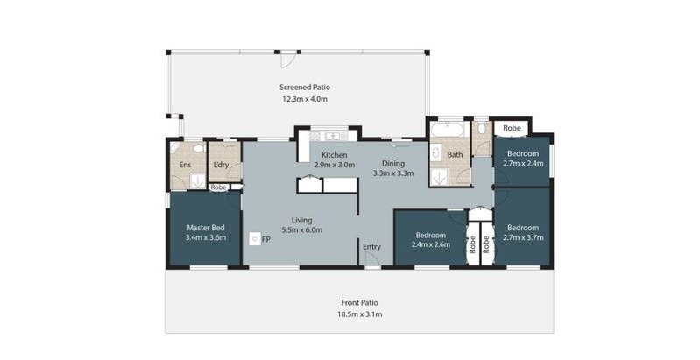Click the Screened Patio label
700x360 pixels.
pos(305,88)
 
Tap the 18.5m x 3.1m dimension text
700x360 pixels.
pos(360,314)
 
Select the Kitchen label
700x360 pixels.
pos(335,155)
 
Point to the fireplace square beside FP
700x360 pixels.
pos(254,238)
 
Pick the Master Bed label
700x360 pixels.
pos(206,228)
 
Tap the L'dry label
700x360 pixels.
pos(221,165)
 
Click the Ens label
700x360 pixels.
pos(185,165)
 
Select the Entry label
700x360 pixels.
pos(371,247)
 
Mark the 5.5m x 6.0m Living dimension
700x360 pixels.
pos(301,230)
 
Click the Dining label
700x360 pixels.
pos(393,164)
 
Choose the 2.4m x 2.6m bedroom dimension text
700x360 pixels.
pos(431,244)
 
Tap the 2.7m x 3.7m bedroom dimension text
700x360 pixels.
pos(523,237)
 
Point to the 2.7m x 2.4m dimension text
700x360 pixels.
pos(523,163)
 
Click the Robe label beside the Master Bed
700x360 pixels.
pos(218,187)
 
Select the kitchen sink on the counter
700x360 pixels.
pos(332,135)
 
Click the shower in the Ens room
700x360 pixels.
pos(197,180)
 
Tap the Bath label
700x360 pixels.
pos(455,155)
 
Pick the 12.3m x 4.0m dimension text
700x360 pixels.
pos(305,99)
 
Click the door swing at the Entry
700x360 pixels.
pos(371,258)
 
